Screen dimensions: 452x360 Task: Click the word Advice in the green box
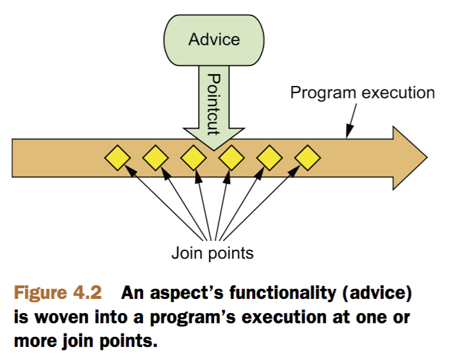(x=214, y=40)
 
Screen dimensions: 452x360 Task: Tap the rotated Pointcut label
(x=214, y=104)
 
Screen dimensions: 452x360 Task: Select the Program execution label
(x=362, y=93)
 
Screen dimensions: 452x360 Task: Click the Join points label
(x=212, y=254)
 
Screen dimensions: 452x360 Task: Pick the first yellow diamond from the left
(x=117, y=158)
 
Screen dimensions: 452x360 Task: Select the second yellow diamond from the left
(x=155, y=158)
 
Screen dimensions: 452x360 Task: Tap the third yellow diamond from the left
(x=193, y=158)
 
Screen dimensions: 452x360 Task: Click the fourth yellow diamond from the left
(x=231, y=158)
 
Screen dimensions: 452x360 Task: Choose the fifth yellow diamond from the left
(x=269, y=158)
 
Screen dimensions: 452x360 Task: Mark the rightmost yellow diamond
(x=308, y=158)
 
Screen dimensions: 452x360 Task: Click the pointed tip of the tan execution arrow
(x=427, y=158)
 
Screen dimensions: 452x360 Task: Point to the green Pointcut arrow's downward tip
(x=214, y=150)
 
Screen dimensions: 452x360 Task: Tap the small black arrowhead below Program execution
(x=349, y=132)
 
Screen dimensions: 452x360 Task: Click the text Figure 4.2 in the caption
(x=58, y=293)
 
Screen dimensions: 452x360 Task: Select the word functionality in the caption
(x=282, y=293)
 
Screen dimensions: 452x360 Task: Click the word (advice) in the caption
(x=377, y=293)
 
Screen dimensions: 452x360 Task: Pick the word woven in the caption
(x=62, y=318)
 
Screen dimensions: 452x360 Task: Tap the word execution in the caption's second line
(x=284, y=318)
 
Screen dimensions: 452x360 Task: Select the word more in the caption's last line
(x=35, y=342)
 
